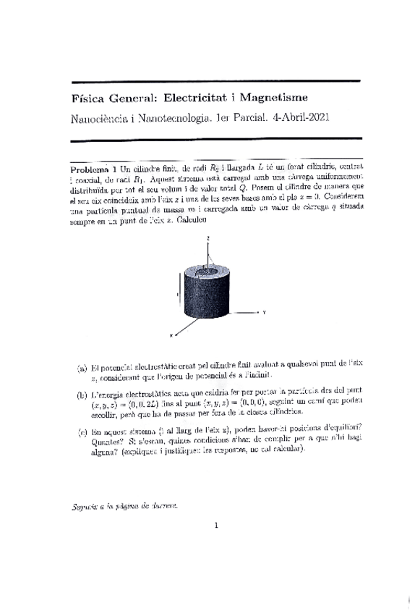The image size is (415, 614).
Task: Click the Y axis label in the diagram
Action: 265,312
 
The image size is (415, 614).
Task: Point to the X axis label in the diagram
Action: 170,335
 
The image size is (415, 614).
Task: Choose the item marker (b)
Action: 82,395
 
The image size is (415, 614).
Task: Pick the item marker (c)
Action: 82,432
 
